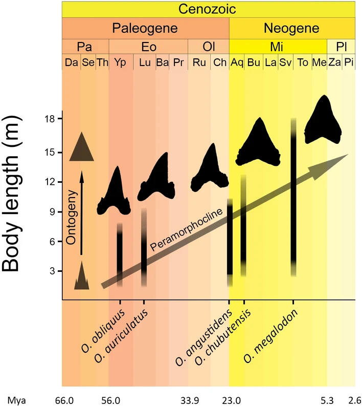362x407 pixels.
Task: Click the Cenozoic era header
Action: pyautogui.click(x=207, y=9)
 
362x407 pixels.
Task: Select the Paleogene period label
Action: pyautogui.click(x=145, y=28)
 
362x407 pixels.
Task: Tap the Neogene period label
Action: pyautogui.click(x=291, y=28)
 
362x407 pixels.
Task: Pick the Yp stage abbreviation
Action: pyautogui.click(x=120, y=62)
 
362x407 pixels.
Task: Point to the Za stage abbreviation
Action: pyautogui.click(x=334, y=62)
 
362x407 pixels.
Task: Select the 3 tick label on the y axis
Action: pyautogui.click(x=52, y=271)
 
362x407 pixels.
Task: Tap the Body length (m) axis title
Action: pyautogui.click(x=11, y=194)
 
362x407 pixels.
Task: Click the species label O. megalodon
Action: pyautogui.click(x=270, y=336)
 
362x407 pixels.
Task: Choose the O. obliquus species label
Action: pyautogui.click(x=103, y=331)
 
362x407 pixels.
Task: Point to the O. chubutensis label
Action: pyautogui.click(x=222, y=337)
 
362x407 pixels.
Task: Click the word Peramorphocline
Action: pyautogui.click(x=186, y=229)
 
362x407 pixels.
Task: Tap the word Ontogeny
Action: pyautogui.click(x=71, y=218)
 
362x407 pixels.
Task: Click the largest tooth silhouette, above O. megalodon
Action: pyautogui.click(x=323, y=119)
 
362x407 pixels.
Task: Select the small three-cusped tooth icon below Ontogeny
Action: pyautogui.click(x=82, y=275)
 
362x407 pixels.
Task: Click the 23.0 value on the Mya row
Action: pyautogui.click(x=232, y=400)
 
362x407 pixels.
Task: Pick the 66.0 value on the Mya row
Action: pyautogui.click(x=64, y=400)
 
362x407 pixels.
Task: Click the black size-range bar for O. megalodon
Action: pyautogui.click(x=293, y=197)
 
